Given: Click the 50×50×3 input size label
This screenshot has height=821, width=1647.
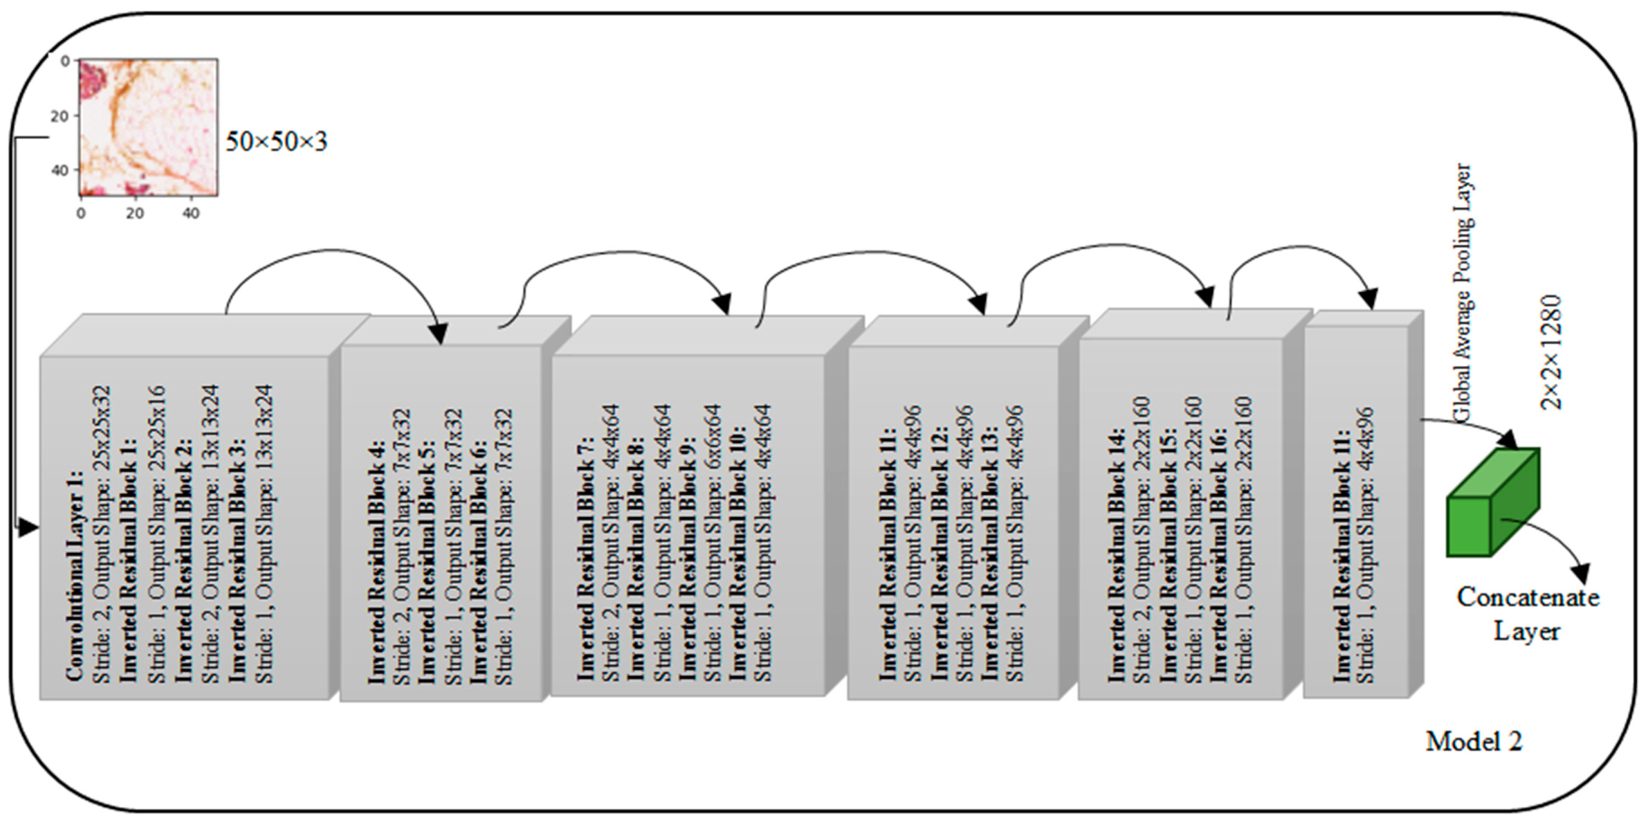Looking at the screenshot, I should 276,141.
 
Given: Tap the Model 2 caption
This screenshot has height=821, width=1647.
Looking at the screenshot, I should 1474,742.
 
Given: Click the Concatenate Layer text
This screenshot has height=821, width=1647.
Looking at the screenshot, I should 1528,614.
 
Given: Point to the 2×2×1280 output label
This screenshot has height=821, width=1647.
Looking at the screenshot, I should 1551,352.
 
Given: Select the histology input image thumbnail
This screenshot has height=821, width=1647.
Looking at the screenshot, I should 148,126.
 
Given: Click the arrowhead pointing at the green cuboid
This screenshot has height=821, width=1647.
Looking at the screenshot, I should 1509,442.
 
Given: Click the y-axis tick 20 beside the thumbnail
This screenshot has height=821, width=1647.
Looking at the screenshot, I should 60,116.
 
